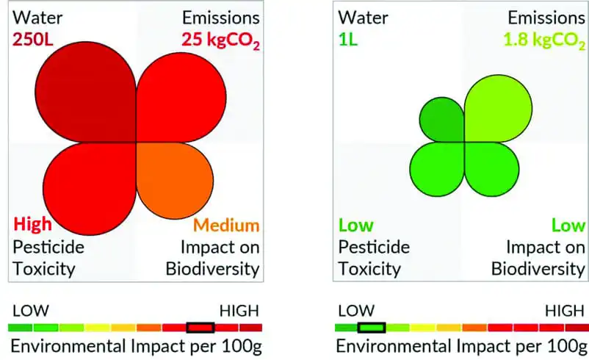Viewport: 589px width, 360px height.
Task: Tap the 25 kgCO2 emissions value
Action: [x=220, y=40]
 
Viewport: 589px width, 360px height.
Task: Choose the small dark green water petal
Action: [x=441, y=119]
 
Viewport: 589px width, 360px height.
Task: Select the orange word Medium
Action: [x=226, y=225]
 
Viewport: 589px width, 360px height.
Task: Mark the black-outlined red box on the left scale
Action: [x=200, y=327]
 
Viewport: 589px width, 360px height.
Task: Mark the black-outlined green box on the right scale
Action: [x=372, y=327]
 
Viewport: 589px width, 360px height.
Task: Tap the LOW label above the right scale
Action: [x=355, y=310]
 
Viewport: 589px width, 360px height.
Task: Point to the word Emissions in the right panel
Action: [x=542, y=17]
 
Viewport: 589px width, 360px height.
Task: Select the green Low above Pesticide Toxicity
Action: [x=355, y=225]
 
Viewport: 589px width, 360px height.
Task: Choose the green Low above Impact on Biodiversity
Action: [x=566, y=225]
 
